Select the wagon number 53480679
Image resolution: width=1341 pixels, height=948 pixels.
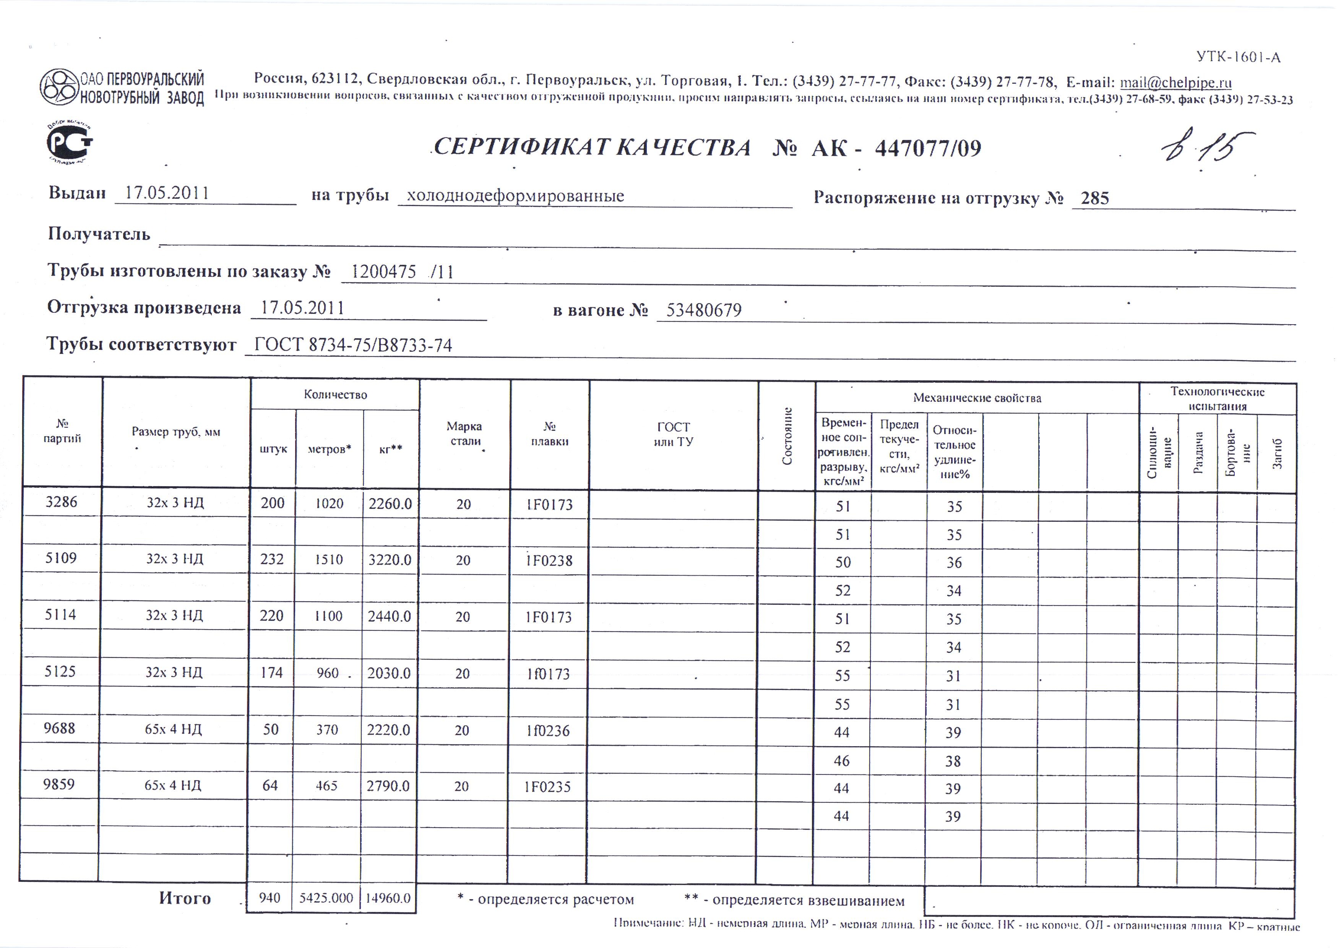click(x=704, y=310)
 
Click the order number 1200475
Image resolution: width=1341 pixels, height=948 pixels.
click(x=384, y=272)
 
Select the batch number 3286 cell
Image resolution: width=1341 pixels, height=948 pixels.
click(x=61, y=502)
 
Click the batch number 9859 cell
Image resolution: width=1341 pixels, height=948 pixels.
click(x=59, y=784)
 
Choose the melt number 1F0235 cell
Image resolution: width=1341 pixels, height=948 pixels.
click(x=547, y=787)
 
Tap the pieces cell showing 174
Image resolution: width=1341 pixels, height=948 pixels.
click(x=271, y=673)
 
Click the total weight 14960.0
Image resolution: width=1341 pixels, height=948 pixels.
click(x=388, y=898)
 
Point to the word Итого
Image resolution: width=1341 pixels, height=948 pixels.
click(x=185, y=898)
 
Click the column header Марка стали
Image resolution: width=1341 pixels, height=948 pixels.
click(x=465, y=433)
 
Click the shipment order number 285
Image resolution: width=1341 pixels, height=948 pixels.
click(x=1094, y=199)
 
